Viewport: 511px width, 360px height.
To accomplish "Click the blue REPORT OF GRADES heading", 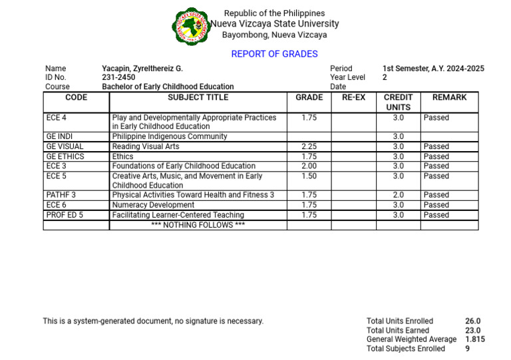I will pos(274,54).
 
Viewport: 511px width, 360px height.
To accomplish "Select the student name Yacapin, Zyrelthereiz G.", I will pos(142,69).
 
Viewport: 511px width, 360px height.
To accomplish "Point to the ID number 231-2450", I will pos(118,77).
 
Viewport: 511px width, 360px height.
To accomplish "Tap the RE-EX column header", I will pos(353,97).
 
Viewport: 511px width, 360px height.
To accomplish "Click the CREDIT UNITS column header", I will pos(398,102).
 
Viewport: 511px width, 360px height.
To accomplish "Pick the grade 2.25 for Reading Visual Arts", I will pos(309,146).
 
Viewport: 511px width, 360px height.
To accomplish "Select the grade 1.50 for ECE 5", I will pos(309,176).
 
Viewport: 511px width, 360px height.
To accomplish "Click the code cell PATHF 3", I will pos(61,195).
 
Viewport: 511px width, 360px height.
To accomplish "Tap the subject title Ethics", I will pos(122,156).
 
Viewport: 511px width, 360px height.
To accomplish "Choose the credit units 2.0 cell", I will pos(398,195).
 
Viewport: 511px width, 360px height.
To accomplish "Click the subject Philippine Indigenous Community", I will pos(170,136).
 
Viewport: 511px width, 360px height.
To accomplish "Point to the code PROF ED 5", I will pos(65,215).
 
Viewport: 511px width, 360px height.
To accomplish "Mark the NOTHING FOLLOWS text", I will pos(198,225).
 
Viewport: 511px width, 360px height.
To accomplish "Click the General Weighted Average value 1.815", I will pos(475,339).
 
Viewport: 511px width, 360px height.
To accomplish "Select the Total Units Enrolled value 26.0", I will pos(472,321).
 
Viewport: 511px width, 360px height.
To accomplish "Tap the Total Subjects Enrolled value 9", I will pos(467,349).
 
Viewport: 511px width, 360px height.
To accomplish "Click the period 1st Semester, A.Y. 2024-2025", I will pos(433,69).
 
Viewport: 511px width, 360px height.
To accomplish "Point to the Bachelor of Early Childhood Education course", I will pos(168,87).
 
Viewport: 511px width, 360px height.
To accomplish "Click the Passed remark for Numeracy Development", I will pos(436,205).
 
